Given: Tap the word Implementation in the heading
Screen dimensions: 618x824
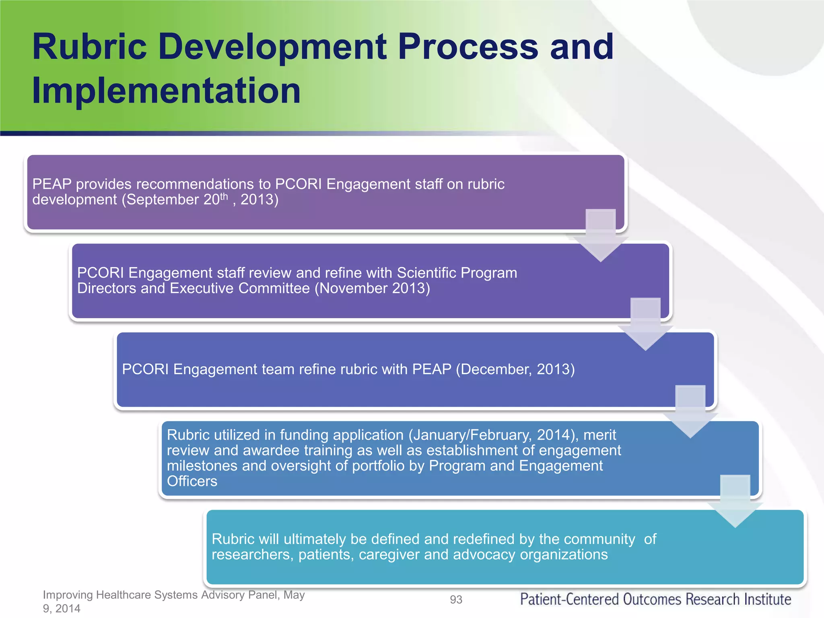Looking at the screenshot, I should tap(166, 91).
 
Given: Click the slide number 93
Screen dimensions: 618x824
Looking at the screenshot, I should tap(456, 599).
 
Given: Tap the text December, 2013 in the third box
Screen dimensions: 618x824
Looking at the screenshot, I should tap(515, 369).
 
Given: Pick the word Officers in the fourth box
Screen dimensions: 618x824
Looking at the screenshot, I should tap(192, 481).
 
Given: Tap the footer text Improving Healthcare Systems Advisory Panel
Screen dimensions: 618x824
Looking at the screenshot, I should tap(173, 595).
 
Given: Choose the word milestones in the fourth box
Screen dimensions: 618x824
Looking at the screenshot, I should tap(202, 466).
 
